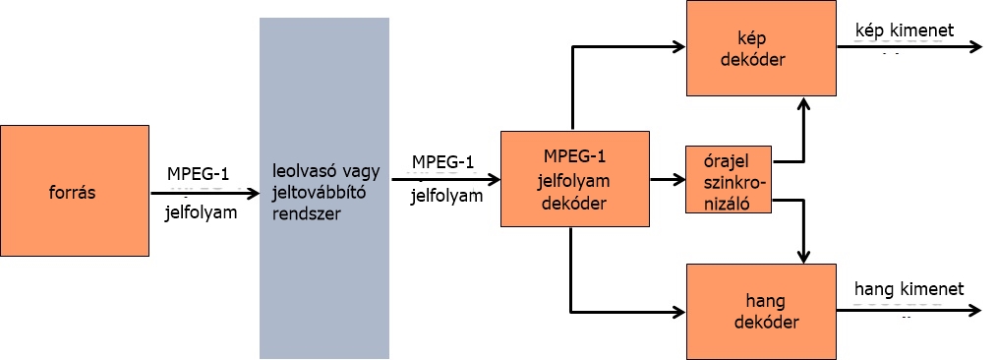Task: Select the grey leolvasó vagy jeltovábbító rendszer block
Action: click(323, 187)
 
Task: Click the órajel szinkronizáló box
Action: click(729, 180)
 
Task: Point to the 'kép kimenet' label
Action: click(905, 31)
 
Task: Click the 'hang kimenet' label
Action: click(909, 288)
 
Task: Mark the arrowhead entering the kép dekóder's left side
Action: click(678, 45)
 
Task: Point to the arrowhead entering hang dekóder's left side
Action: click(678, 313)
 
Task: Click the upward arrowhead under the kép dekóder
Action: click(805, 104)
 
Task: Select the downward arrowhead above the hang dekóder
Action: click(805, 256)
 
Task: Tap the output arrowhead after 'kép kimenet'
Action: click(975, 46)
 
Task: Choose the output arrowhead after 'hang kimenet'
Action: click(975, 311)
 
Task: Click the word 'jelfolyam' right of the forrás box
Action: click(202, 210)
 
